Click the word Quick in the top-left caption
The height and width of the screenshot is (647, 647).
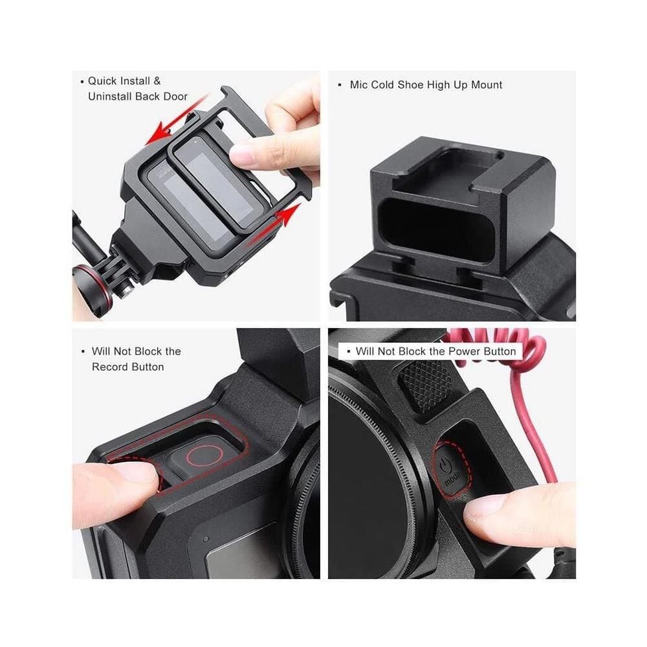(102, 81)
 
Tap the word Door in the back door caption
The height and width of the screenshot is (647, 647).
(175, 96)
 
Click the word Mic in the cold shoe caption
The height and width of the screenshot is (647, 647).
(358, 85)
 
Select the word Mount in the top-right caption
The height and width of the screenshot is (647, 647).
(487, 85)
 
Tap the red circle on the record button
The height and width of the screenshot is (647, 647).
(204, 455)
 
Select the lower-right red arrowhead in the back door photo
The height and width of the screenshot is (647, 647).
(289, 214)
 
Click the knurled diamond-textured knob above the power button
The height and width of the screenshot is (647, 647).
(424, 384)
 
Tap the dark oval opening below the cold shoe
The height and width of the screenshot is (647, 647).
(437, 230)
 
